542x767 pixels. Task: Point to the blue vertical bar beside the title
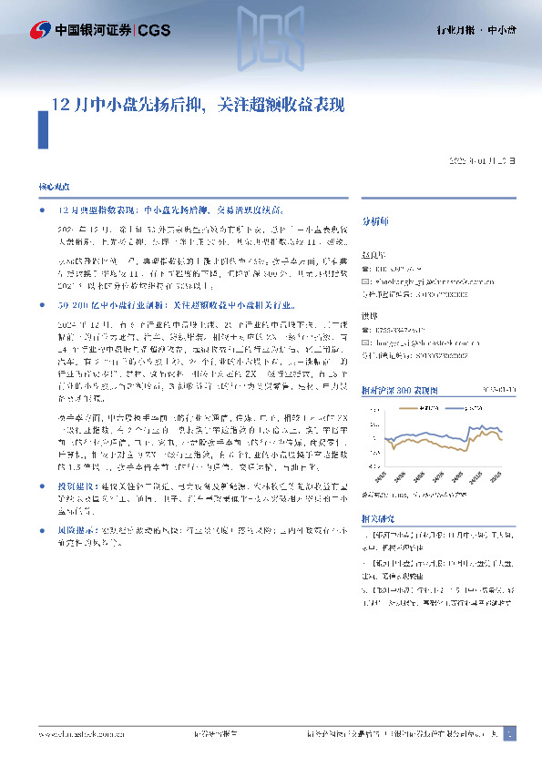pyautogui.click(x=42, y=128)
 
